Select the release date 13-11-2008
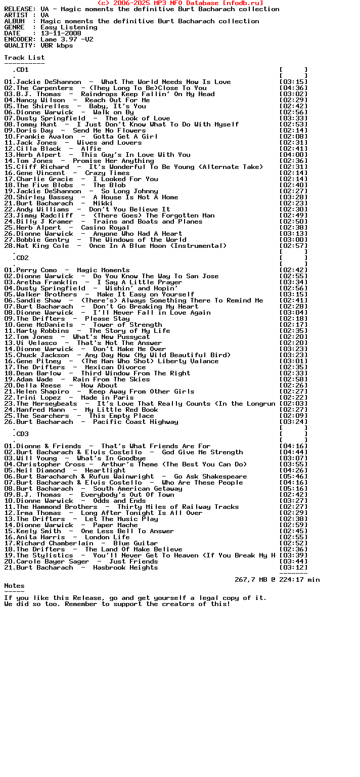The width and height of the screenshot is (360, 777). coord(61,33)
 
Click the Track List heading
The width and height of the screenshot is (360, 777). coord(24,58)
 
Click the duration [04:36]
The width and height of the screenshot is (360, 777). coord(293,88)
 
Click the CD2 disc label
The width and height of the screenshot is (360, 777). coord(22,258)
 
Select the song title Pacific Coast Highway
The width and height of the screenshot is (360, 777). coord(136,422)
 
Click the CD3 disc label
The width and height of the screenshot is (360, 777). coord(22,434)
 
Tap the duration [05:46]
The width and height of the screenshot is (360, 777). coord(293,477)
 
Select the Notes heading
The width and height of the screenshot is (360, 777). coord(14,586)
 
